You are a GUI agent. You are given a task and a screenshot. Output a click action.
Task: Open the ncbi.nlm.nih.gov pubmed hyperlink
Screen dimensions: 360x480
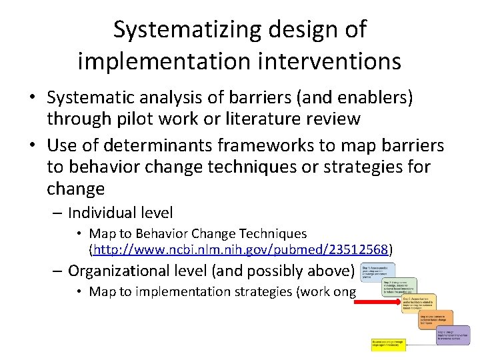pos(241,250)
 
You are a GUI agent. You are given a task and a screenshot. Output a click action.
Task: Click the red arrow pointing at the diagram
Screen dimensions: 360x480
pos(375,301)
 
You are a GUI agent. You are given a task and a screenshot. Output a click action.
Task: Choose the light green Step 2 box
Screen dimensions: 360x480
pos(399,286)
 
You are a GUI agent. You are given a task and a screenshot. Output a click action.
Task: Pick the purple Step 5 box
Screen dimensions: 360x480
pos(453,334)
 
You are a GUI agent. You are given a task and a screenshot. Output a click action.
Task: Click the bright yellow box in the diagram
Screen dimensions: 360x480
pos(389,344)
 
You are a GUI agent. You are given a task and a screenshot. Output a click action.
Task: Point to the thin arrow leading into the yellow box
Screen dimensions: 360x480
pos(421,345)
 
